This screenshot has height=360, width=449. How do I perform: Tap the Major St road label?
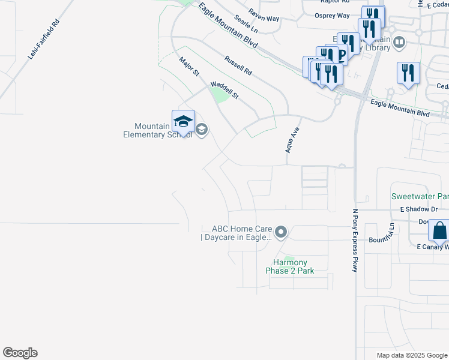[189, 66]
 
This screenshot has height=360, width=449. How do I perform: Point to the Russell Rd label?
[238, 65]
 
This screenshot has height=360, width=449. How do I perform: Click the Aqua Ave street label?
[292, 140]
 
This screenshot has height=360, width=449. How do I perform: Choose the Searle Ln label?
[246, 25]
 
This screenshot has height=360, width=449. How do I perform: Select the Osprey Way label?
[332, 16]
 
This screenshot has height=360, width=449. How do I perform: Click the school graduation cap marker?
[183, 122]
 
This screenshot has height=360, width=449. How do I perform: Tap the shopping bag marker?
[439, 230]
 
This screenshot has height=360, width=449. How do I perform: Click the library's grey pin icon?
[399, 42]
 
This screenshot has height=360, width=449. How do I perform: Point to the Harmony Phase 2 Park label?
[290, 266]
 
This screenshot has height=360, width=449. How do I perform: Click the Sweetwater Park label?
[420, 196]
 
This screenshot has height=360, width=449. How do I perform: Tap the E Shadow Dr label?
[419, 209]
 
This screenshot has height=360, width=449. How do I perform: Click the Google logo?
[20, 353]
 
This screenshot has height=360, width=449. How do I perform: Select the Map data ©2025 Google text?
[411, 355]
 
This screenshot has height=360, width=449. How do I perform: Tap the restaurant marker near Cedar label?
[408, 73]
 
